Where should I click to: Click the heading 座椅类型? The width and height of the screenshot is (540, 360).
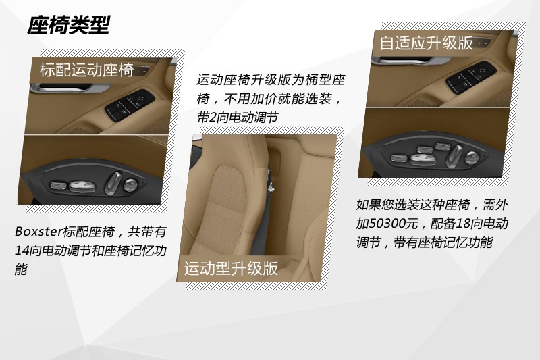68,25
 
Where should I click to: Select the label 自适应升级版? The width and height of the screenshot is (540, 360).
426,43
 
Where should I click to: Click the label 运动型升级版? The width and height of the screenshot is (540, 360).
232,268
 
